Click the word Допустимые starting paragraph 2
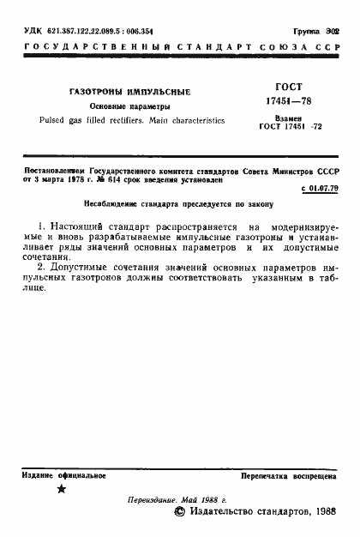coord(75,268)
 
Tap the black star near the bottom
coord(61,489)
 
